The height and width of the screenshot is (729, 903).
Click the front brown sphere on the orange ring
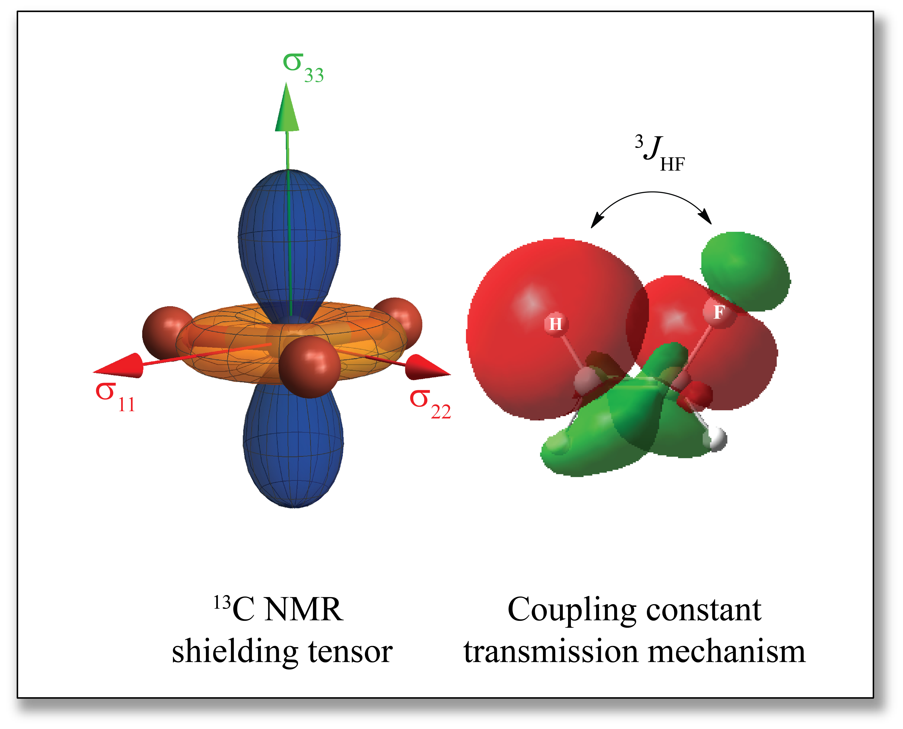(309, 366)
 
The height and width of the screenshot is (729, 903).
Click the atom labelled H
(555, 324)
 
